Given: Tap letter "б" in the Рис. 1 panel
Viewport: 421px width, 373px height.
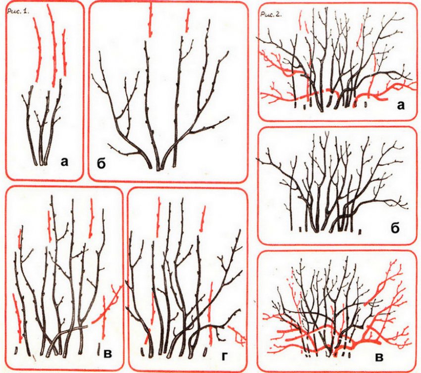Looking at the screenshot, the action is [101, 165].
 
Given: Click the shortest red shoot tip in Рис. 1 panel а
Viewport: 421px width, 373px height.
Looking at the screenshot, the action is [64, 53].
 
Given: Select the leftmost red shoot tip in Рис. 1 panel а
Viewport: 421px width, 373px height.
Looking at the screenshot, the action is [38, 50].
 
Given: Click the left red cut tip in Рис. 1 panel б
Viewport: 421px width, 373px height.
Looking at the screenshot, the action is [151, 21].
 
